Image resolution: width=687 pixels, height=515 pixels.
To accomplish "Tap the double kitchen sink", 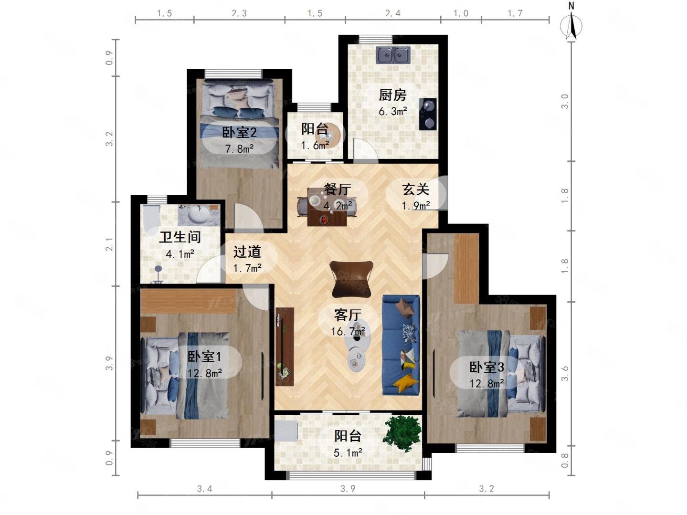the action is coord(393,55).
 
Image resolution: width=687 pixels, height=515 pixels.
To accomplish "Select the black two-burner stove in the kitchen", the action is coord(428,114).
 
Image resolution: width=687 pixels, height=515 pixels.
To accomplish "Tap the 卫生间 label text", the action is coord(180,237).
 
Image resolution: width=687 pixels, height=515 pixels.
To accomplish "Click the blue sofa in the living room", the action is coord(400,345).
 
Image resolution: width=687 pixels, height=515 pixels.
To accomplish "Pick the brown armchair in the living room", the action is coord(351,278).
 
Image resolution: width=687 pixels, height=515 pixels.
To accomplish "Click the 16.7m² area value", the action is coord(348,331).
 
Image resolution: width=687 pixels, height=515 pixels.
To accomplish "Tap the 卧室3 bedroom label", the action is coord(486,367).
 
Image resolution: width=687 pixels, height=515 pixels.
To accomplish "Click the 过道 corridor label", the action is coord(247,252).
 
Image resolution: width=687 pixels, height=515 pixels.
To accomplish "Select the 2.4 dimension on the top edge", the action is coord(392,13).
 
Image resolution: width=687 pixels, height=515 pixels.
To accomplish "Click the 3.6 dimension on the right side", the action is coord(564,374).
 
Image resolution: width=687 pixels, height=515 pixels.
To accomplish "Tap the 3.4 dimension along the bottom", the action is coord(204,488).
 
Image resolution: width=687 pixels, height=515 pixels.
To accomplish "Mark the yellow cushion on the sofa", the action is coord(406,382).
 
